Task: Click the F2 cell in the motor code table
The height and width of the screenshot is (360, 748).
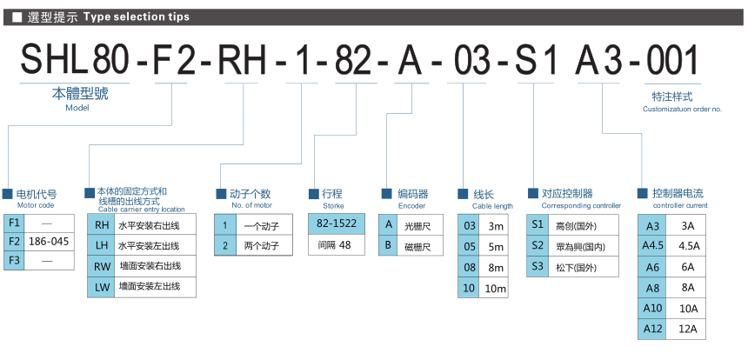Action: (13, 241)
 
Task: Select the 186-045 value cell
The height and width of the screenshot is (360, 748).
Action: (49, 241)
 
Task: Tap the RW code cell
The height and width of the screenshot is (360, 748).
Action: (101, 266)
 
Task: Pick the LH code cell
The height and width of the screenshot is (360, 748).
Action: (101, 245)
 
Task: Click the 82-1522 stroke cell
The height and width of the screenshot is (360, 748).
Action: (337, 223)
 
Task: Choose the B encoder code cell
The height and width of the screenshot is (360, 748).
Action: (388, 245)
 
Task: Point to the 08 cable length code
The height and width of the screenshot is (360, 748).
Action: (470, 268)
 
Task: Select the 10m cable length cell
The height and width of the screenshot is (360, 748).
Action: (494, 288)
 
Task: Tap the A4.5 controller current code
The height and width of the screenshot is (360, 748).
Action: (652, 246)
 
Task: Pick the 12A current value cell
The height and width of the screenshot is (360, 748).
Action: (687, 329)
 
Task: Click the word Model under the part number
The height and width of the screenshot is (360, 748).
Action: (77, 108)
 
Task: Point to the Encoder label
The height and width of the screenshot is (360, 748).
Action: (411, 206)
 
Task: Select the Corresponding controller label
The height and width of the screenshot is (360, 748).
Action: (581, 205)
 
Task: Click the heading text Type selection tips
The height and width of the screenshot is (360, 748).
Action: (137, 17)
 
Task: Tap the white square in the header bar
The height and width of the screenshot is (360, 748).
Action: (17, 17)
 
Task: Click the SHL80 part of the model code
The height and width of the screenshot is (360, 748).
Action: (76, 60)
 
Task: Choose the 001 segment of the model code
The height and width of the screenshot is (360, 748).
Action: (672, 60)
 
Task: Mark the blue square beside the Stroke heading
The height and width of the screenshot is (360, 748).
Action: (313, 194)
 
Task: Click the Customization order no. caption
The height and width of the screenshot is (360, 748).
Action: (682, 110)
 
